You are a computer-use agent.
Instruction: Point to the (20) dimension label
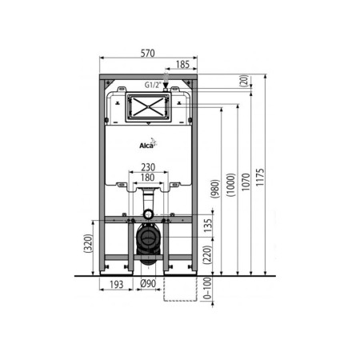pos(242,80)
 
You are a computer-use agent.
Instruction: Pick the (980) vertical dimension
pos(214,190)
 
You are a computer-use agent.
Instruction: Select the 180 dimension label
pos(146,178)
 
